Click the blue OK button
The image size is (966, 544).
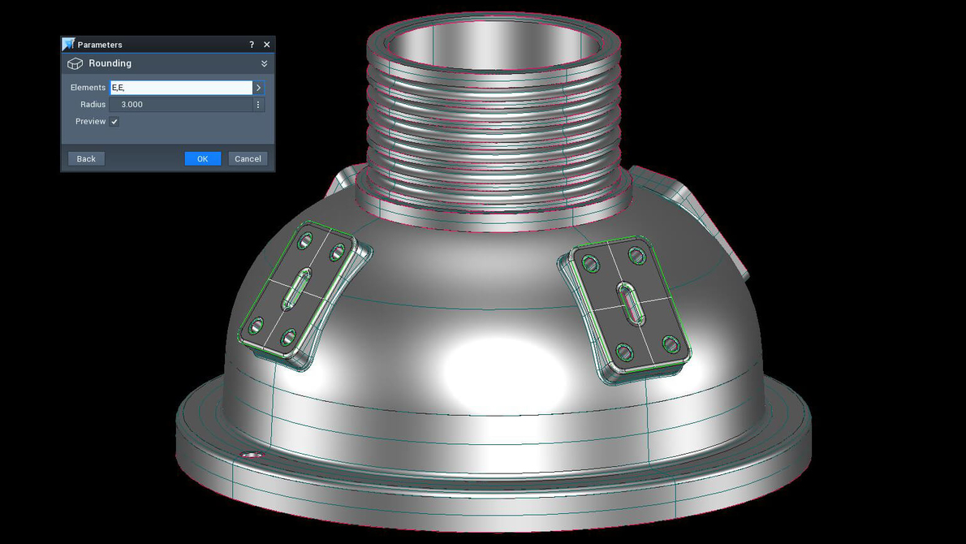202,158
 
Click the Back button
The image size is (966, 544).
86,158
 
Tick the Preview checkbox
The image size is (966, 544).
114,122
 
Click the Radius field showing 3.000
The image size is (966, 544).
180,105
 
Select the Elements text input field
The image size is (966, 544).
180,88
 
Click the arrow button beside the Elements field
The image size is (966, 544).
259,88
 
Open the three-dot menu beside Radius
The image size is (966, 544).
259,105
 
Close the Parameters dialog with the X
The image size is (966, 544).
267,45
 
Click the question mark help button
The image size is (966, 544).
252,45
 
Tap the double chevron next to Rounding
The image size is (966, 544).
264,63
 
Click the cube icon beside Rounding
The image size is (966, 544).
75,63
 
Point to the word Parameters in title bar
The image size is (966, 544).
100,45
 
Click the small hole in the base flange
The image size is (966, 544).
252,455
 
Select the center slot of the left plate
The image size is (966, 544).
295,290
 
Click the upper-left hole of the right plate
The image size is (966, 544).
591,264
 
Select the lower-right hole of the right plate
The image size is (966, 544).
671,344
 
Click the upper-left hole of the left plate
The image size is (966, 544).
305,240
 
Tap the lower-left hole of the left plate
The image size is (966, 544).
257,326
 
